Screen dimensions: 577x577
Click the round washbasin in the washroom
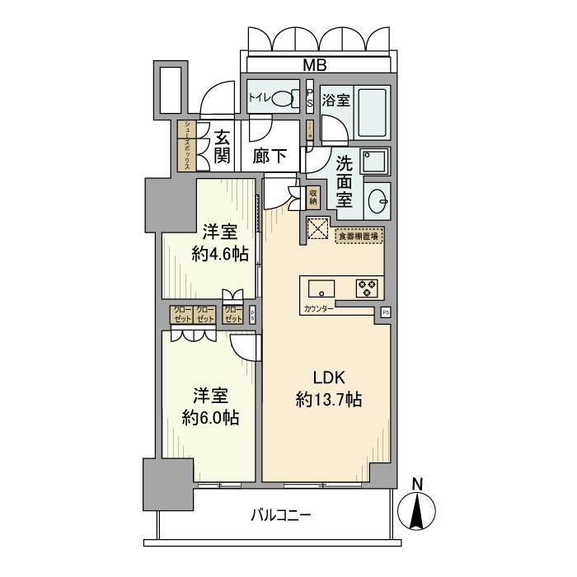(378, 199)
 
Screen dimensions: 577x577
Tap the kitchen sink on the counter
(320, 288)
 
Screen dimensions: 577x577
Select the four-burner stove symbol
(366, 288)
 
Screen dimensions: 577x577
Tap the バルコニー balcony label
(281, 516)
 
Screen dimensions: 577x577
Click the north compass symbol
(418, 509)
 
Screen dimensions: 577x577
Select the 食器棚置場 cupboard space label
(359, 236)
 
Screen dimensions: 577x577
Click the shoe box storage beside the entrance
(187, 146)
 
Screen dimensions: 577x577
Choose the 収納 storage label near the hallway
(312, 197)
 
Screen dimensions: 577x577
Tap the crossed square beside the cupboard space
(317, 228)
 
